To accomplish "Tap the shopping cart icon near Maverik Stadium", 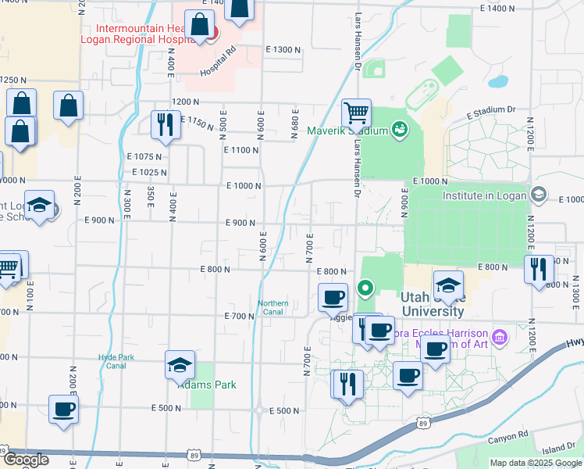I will [356, 113].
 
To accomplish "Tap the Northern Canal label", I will [273, 308].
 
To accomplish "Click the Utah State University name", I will [432, 303].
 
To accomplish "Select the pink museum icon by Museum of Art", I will [500, 338].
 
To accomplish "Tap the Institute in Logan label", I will [483, 195].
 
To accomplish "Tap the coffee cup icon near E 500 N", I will [63, 409].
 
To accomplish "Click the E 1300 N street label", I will [283, 49].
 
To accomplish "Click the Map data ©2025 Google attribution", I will [535, 463].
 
